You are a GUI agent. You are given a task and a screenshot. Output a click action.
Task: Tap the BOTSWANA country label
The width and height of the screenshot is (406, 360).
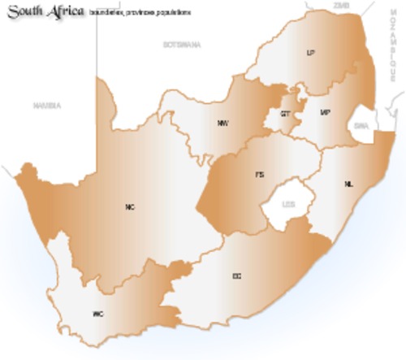(x=181, y=44)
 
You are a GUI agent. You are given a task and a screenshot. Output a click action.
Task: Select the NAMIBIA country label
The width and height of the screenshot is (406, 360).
(x=47, y=106)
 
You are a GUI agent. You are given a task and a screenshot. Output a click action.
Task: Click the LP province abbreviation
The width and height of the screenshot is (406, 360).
(x=309, y=53)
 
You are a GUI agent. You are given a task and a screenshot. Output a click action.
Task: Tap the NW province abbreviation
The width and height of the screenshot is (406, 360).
(x=222, y=123)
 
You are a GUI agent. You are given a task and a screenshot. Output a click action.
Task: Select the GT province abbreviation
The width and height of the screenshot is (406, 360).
(x=285, y=115)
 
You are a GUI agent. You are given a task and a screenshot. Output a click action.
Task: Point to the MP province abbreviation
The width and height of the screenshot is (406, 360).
(x=326, y=112)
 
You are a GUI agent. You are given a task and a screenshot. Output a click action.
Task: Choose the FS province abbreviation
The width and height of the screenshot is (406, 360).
(x=260, y=175)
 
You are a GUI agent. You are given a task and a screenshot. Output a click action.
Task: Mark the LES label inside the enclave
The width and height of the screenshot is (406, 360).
(x=287, y=205)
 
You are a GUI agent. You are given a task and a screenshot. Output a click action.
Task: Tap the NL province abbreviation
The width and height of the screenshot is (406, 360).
(x=349, y=184)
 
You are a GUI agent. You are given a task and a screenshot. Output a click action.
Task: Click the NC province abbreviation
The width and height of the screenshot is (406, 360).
(x=130, y=206)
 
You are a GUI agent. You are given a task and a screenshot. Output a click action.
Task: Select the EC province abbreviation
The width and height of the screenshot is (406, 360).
(x=236, y=276)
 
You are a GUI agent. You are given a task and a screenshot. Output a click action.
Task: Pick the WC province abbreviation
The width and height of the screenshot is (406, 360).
(x=98, y=313)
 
